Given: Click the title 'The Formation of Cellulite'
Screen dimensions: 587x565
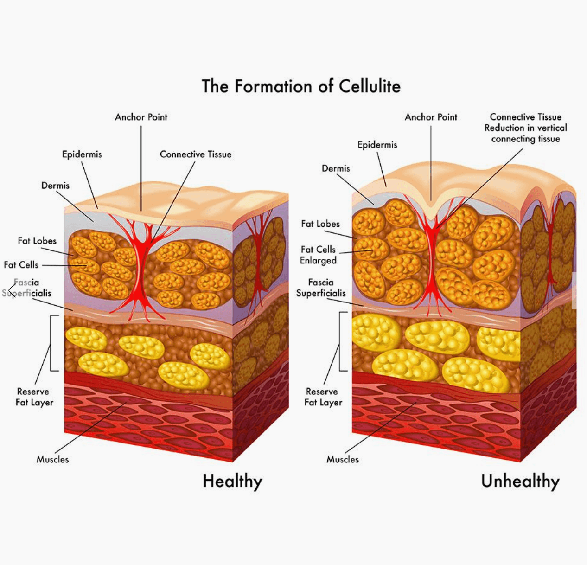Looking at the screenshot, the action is [x=301, y=86].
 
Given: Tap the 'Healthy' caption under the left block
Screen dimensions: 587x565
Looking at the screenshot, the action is [x=232, y=482].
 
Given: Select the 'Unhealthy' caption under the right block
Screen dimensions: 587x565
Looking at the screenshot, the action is [x=520, y=482].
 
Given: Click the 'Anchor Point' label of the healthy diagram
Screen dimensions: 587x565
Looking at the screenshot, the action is [x=141, y=117].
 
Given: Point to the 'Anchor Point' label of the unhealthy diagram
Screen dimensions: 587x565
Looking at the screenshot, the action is [x=431, y=117].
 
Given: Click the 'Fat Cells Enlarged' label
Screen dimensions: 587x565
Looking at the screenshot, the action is [x=318, y=255].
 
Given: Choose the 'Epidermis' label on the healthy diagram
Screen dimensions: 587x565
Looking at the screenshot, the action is [x=82, y=154].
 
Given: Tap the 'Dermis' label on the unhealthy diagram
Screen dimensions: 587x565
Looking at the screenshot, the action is [x=336, y=168].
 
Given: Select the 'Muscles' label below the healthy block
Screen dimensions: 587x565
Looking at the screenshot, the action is [x=53, y=459].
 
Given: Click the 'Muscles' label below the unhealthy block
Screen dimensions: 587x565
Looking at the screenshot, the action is [x=343, y=459].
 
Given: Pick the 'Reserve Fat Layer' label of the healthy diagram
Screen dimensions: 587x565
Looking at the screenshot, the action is [x=34, y=397].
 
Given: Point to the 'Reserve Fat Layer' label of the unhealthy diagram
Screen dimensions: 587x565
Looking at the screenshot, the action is [x=323, y=397].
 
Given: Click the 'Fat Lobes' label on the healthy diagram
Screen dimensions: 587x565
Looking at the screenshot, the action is [x=37, y=241].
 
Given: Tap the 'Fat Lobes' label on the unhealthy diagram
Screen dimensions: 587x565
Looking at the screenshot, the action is [x=320, y=224].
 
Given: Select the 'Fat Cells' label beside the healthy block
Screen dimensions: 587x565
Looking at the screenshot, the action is [x=21, y=265].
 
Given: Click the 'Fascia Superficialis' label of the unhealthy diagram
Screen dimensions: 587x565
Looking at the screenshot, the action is [x=321, y=288].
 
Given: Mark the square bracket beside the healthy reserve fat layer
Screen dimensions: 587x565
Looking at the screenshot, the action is [x=51, y=343].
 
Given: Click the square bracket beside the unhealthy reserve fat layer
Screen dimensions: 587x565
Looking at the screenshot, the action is [x=340, y=341].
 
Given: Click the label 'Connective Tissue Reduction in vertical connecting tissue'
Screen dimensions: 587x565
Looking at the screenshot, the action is [x=526, y=128].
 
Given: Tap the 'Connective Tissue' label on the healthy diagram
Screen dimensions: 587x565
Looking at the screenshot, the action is [x=196, y=154].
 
